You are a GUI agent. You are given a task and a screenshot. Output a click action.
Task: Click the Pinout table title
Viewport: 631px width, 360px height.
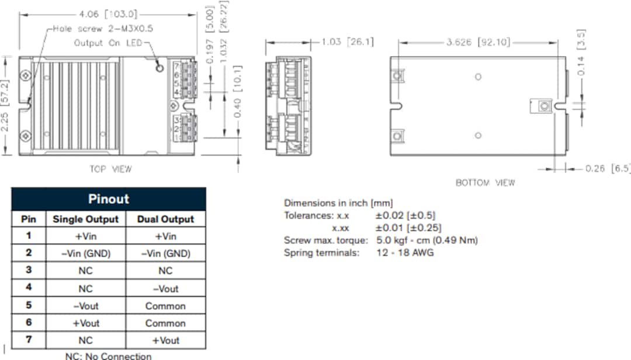pos(108,199)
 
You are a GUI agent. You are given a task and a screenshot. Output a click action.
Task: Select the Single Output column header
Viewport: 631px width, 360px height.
pos(85,220)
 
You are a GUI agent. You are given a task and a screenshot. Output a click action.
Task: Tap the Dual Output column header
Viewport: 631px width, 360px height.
pos(165,220)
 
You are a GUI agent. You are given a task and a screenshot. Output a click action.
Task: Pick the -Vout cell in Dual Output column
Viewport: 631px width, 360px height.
pos(165,289)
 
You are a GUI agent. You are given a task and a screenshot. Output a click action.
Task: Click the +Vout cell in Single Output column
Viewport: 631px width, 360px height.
pos(85,323)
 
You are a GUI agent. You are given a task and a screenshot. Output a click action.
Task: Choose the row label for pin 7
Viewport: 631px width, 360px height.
pos(29,340)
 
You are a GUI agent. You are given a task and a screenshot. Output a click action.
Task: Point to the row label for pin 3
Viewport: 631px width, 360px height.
pos(29,270)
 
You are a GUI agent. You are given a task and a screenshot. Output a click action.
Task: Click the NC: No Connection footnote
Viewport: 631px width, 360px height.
pos(108,355)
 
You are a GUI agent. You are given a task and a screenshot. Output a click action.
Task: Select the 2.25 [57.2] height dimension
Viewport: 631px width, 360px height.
pos(6,105)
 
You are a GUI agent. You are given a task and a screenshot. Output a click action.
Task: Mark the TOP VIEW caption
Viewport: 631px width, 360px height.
pos(110,169)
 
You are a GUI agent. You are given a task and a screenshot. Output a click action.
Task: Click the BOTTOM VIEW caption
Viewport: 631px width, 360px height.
pos(485,182)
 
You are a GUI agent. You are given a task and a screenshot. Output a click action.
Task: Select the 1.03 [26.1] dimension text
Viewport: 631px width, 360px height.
pos(348,42)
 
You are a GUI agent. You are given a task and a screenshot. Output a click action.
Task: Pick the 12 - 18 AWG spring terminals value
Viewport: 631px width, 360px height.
pos(405,253)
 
